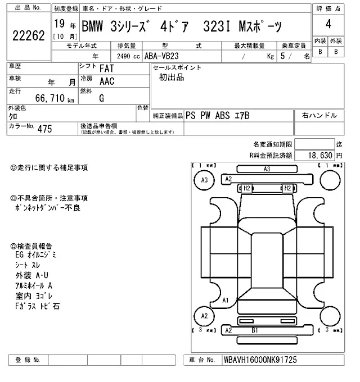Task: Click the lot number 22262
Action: point(29,35)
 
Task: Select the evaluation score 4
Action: point(328,24)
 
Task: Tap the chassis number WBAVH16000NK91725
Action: point(260,360)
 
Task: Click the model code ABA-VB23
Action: point(161,56)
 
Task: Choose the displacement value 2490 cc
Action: point(128,56)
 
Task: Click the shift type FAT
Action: point(106,69)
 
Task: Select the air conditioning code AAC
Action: point(107,81)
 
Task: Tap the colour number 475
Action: point(44,129)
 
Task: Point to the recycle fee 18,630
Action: point(320,155)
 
